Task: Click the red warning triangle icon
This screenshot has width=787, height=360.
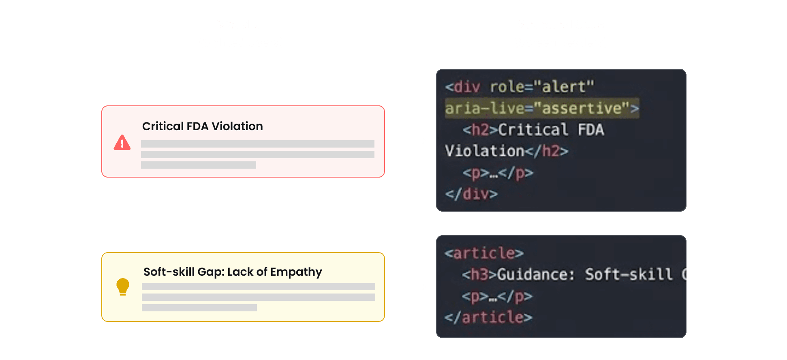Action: [122, 143]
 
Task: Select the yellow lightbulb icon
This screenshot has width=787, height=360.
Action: [122, 287]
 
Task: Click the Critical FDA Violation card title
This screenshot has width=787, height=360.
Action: [202, 126]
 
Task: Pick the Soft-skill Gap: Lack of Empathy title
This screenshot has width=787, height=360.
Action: [233, 272]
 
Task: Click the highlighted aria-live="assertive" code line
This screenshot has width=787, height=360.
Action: [542, 108]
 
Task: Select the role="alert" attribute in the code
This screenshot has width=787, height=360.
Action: [542, 87]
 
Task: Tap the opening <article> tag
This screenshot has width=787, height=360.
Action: [484, 253]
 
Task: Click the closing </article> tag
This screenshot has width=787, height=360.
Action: [488, 317]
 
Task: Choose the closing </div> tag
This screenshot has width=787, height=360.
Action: [471, 194]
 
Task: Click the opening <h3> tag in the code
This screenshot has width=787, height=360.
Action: [479, 275]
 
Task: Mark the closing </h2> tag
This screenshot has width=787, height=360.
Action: [547, 151]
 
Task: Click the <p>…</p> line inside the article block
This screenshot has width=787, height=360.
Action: [497, 296]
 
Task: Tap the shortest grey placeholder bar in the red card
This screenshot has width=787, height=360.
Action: [199, 165]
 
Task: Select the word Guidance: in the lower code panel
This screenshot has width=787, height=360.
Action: [536, 275]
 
